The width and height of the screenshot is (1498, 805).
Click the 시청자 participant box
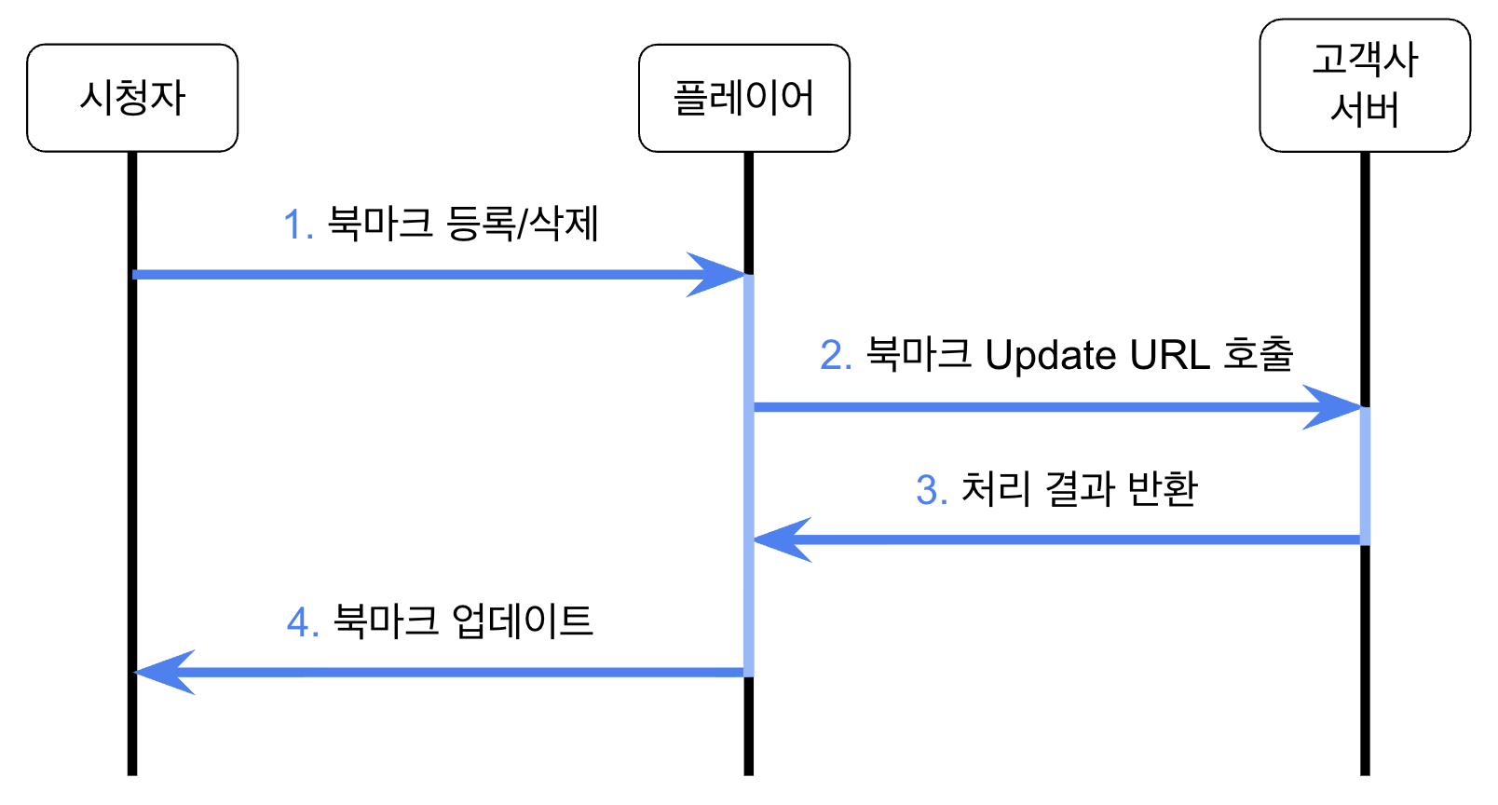[132, 98]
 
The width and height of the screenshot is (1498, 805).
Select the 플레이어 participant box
[743, 98]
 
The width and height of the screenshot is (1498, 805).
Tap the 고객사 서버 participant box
[1365, 85]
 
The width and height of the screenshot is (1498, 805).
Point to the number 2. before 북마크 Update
[836, 355]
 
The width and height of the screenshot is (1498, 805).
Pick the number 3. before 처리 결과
[932, 490]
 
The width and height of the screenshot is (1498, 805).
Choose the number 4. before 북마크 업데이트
[303, 622]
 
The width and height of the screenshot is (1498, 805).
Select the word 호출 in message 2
[1259, 353]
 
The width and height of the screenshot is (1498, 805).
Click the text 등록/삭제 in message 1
[523, 224]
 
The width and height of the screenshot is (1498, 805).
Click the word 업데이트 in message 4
[522, 621]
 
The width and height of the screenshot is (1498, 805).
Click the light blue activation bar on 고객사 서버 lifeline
[1365, 475]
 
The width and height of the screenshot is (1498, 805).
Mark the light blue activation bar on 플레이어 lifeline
[748, 475]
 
